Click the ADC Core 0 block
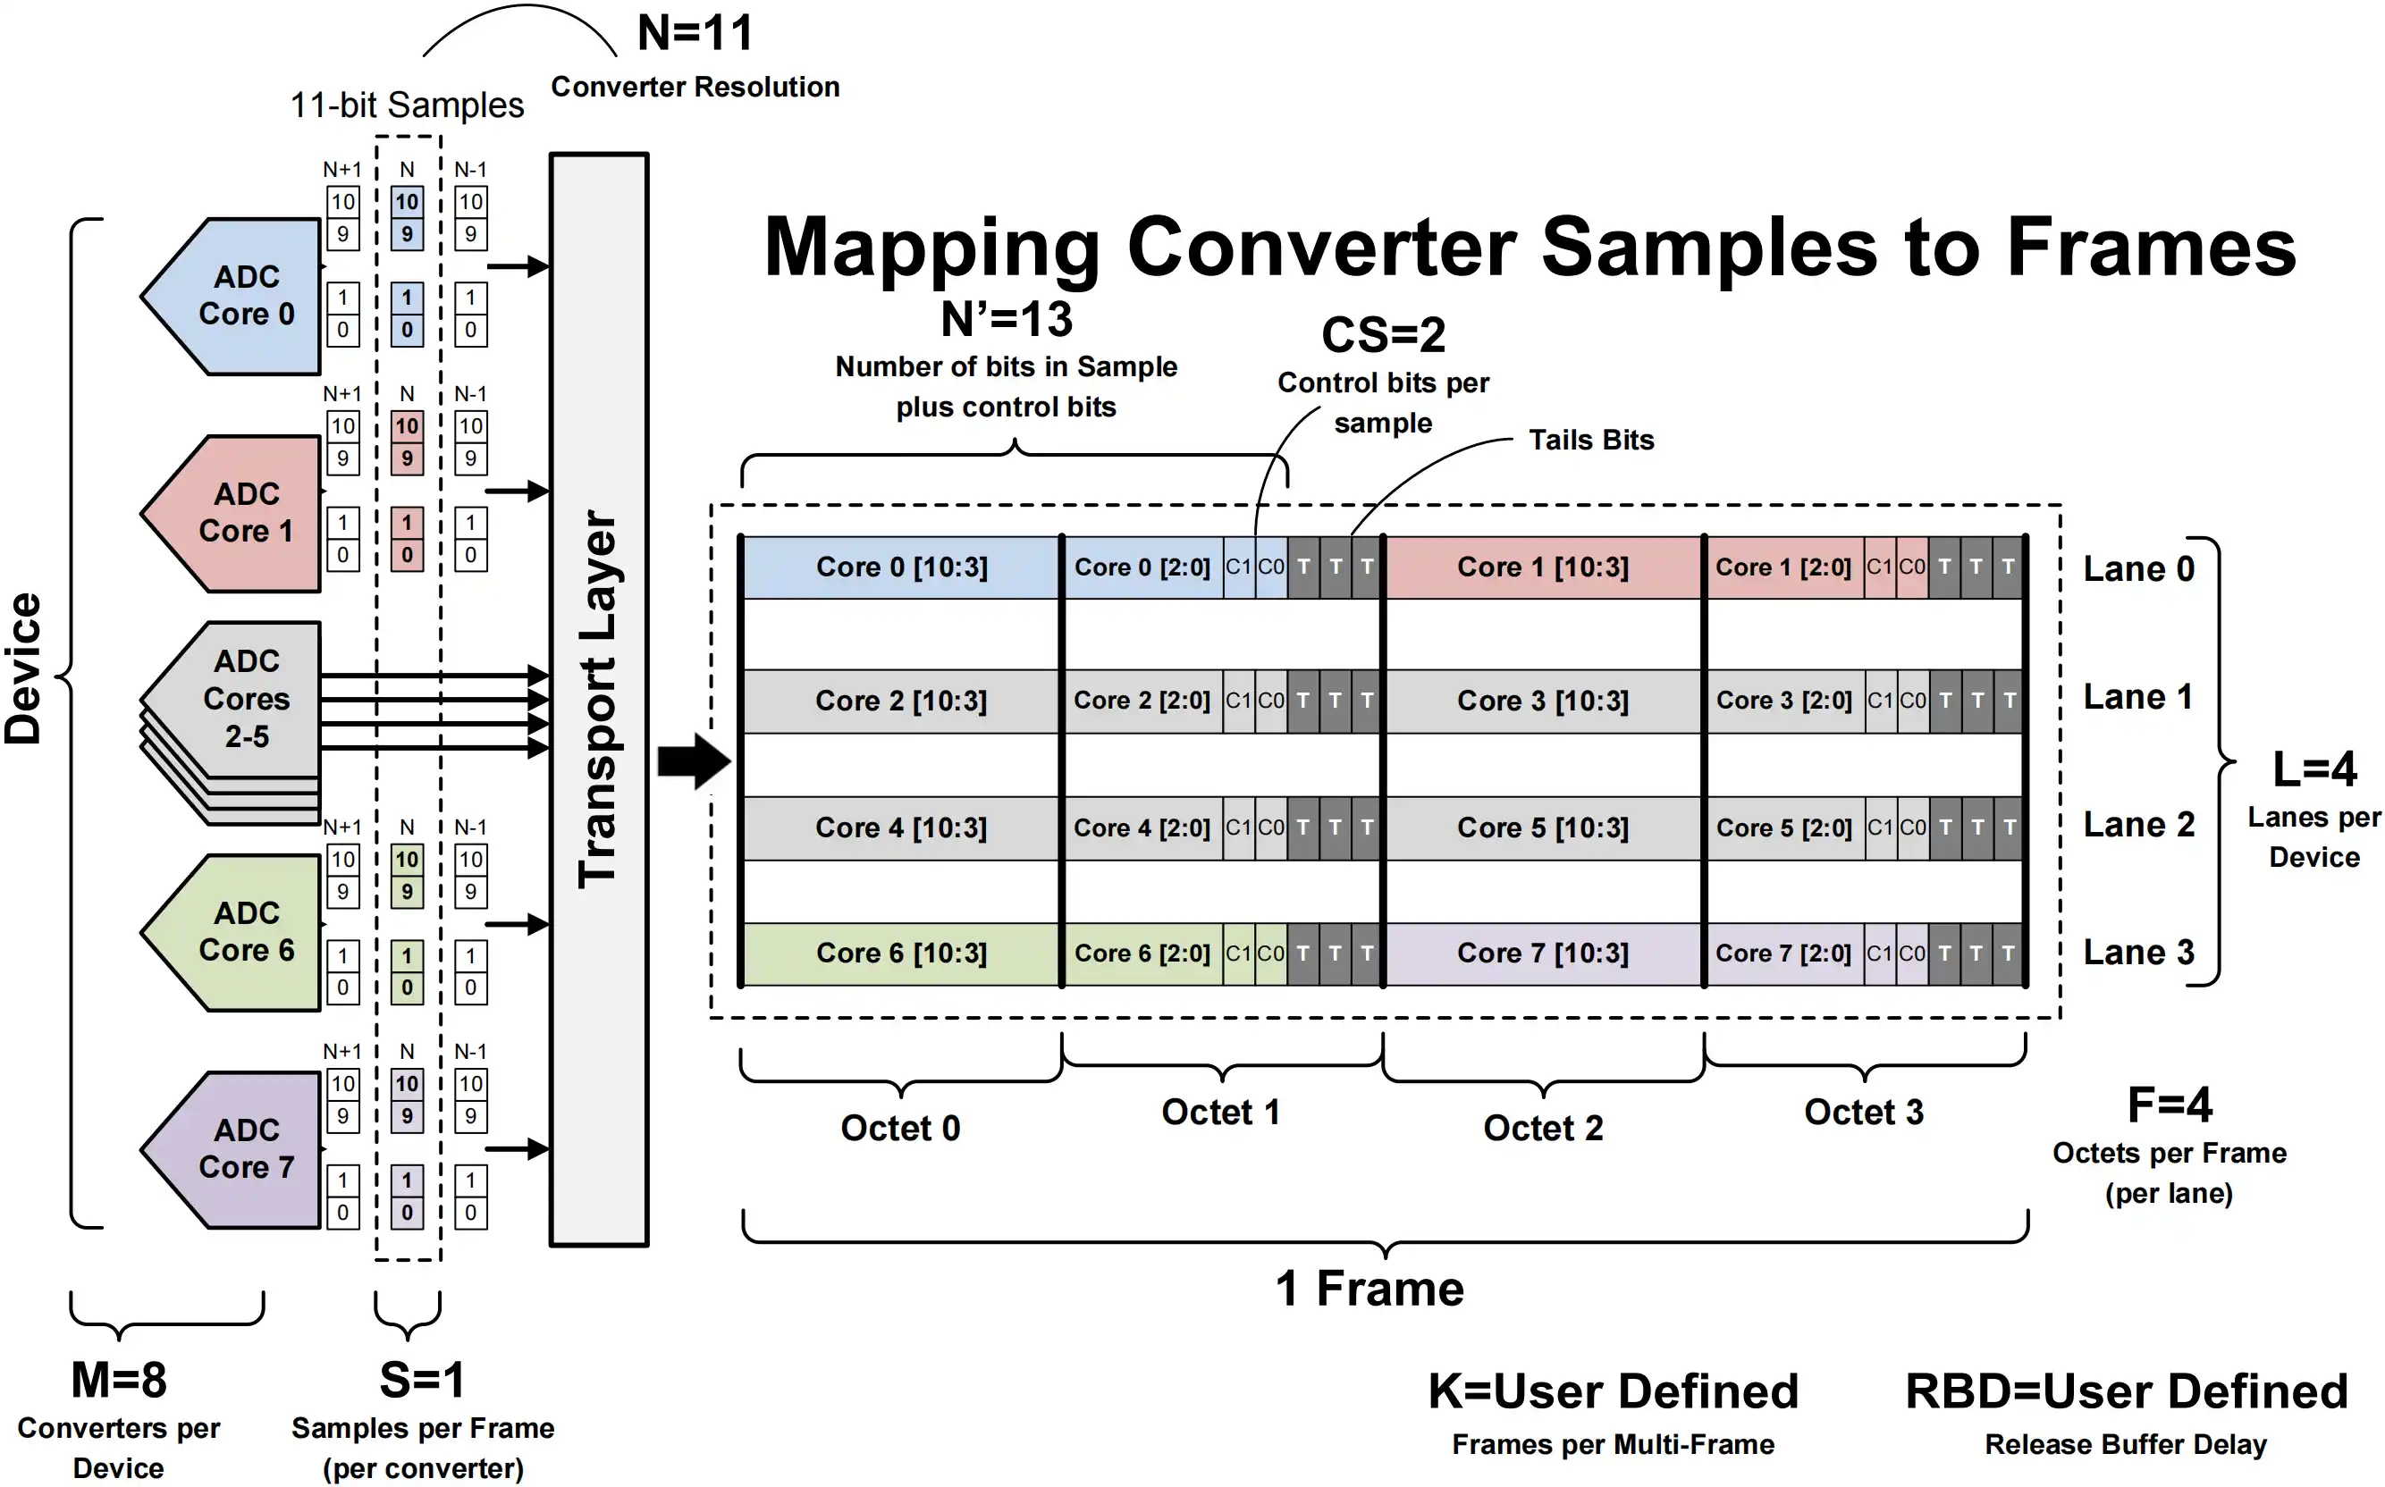[x=236, y=296]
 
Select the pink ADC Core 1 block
[x=236, y=513]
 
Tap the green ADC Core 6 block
[x=236, y=932]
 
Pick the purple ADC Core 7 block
[x=236, y=1150]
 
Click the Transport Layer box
[x=599, y=699]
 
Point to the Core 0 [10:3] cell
[x=902, y=567]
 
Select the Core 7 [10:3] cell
[x=1543, y=953]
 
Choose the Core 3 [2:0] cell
[x=1784, y=701]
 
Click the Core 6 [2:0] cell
[x=1142, y=953]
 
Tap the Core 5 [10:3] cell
[x=1543, y=828]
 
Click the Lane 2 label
[x=2139, y=824]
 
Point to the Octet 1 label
[x=1220, y=1113]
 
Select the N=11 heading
[x=695, y=32]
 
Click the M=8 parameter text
[x=119, y=1380]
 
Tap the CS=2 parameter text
[x=1383, y=335]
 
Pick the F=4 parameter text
[x=2170, y=1105]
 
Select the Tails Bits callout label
[x=1591, y=440]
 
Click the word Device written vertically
[x=23, y=668]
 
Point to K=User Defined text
[x=1613, y=1391]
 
